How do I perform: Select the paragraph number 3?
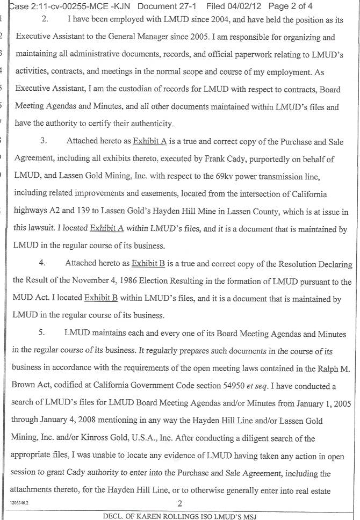[46, 141]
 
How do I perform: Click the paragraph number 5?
[44, 333]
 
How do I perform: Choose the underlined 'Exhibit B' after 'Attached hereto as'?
[148, 264]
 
